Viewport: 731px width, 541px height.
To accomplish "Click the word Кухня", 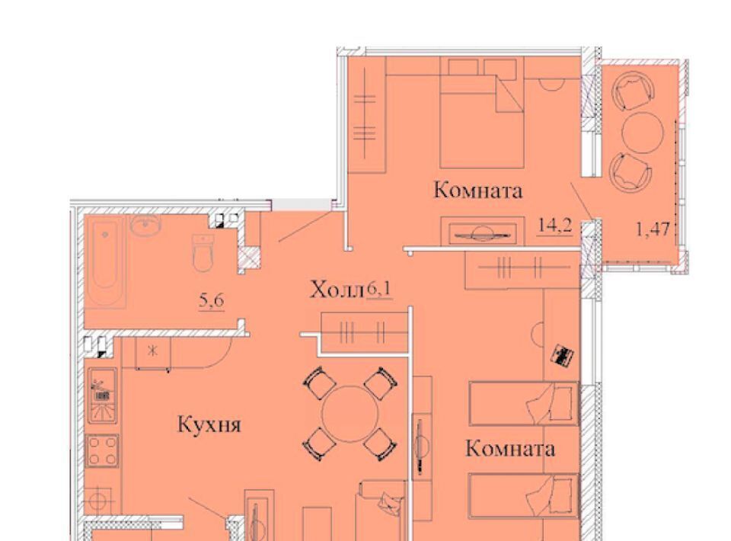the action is [x=209, y=425].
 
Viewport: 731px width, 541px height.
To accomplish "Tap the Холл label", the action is [x=337, y=290].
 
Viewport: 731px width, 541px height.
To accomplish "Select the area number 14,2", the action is [x=555, y=226].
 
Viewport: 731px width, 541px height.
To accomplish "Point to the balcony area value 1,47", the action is [x=653, y=229].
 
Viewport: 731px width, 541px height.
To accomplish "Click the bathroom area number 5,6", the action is [x=212, y=301].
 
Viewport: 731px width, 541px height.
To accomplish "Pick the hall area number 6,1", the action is [x=379, y=290].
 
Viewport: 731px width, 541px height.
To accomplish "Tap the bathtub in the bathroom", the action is [x=105, y=261].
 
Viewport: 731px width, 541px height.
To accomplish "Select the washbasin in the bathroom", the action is [x=146, y=226].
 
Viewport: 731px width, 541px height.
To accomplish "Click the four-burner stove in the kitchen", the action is [x=103, y=451].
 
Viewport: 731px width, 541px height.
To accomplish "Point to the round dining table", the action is [x=350, y=414].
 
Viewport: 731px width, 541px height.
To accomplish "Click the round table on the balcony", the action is [x=643, y=133].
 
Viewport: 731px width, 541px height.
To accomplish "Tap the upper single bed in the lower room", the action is [x=524, y=404].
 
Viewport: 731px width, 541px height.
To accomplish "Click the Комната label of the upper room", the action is [x=478, y=190].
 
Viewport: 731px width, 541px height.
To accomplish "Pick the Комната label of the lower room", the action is [x=510, y=449].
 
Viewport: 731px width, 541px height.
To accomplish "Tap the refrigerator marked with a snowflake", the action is [x=153, y=353].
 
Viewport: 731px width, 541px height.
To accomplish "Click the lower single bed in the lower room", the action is [x=524, y=496].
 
